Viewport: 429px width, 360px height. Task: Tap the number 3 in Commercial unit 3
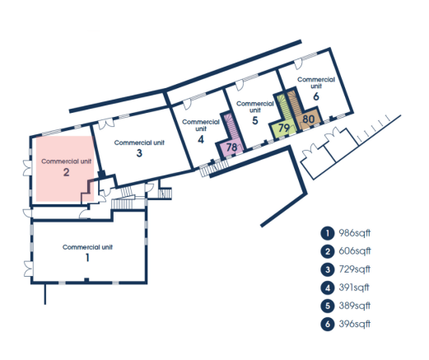pos(139,153)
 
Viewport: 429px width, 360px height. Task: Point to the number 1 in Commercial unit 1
pos(87,258)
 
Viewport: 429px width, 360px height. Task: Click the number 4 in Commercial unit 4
pos(201,139)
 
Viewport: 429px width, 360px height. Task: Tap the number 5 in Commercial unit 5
pos(255,120)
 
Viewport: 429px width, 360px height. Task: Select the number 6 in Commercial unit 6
pos(316,96)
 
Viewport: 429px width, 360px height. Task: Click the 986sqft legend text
pos(355,233)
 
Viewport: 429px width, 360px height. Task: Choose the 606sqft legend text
pos(355,251)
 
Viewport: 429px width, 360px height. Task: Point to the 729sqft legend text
pos(355,269)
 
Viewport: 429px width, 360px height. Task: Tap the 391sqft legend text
pos(354,288)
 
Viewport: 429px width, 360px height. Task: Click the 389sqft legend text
pos(355,306)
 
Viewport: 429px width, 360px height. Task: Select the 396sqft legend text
pos(355,324)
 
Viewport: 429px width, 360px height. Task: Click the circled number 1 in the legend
pos(328,233)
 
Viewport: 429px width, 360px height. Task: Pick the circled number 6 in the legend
pos(328,325)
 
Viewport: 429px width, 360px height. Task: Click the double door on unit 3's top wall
pos(106,124)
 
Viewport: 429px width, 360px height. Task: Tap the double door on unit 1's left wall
pos(28,269)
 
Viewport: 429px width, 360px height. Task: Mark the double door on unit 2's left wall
pos(27,168)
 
